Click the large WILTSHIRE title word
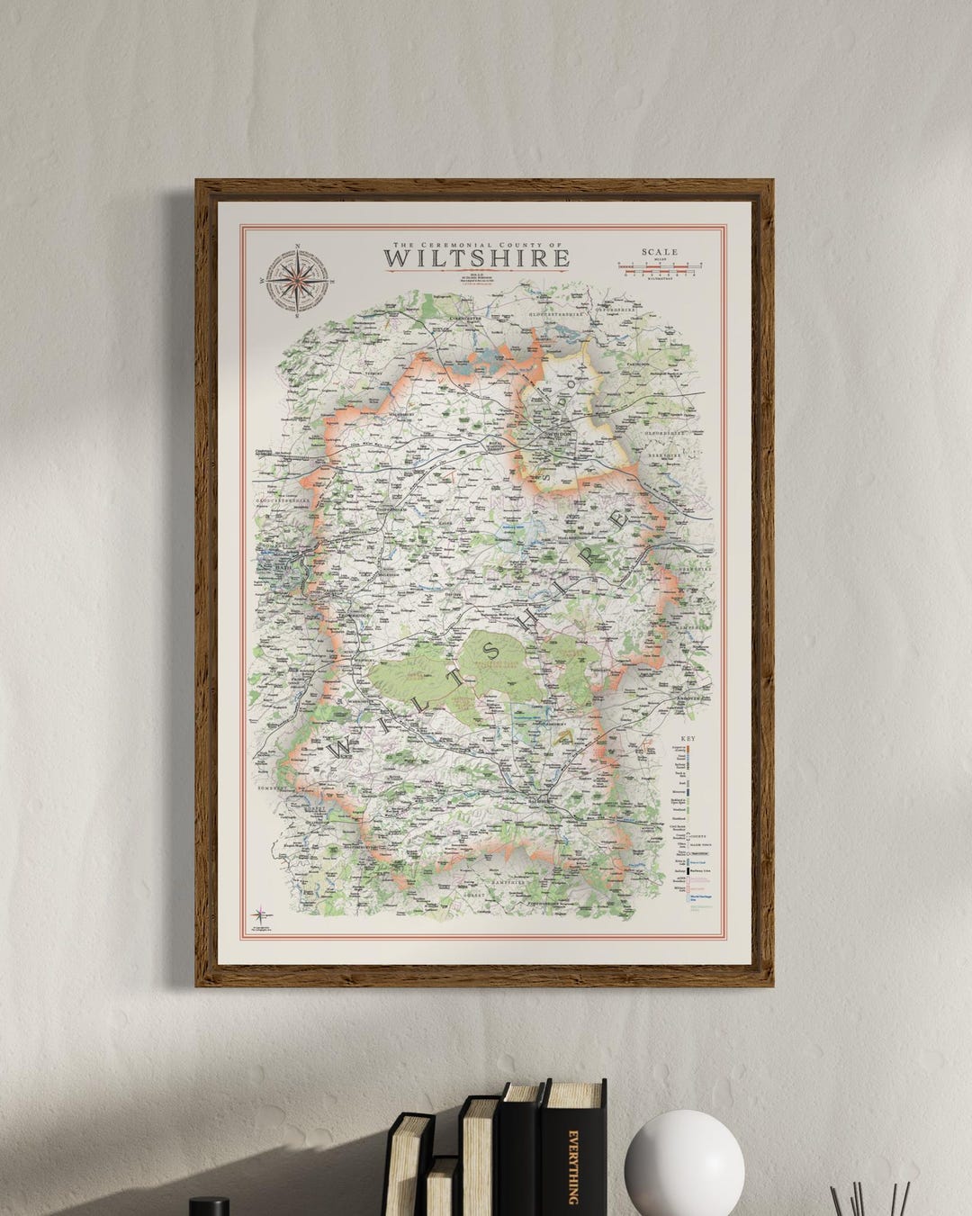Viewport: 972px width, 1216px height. (x=476, y=258)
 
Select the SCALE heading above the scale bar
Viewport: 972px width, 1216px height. (x=659, y=253)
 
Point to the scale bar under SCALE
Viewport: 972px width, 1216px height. (x=660, y=267)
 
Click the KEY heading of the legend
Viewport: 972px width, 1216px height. (x=688, y=738)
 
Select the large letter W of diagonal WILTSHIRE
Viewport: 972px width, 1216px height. (x=343, y=748)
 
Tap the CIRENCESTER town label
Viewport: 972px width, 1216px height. (x=467, y=318)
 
